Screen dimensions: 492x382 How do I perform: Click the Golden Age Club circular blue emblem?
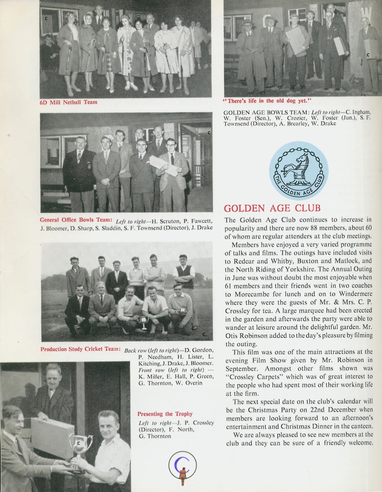(298, 171)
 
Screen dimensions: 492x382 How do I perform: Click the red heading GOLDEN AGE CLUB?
(272, 208)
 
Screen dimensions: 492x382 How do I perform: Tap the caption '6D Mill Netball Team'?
(68, 102)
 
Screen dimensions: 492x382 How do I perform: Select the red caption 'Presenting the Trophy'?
(165, 414)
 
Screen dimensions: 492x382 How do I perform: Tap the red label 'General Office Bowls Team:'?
(77, 220)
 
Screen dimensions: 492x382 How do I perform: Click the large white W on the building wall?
(366, 11)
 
